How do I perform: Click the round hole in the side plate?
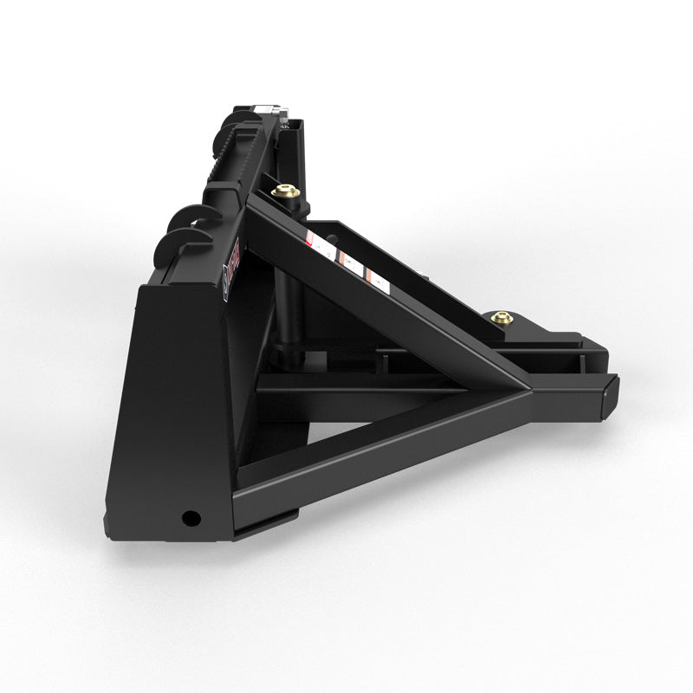coord(190,518)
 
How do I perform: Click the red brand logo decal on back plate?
coord(235,260)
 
